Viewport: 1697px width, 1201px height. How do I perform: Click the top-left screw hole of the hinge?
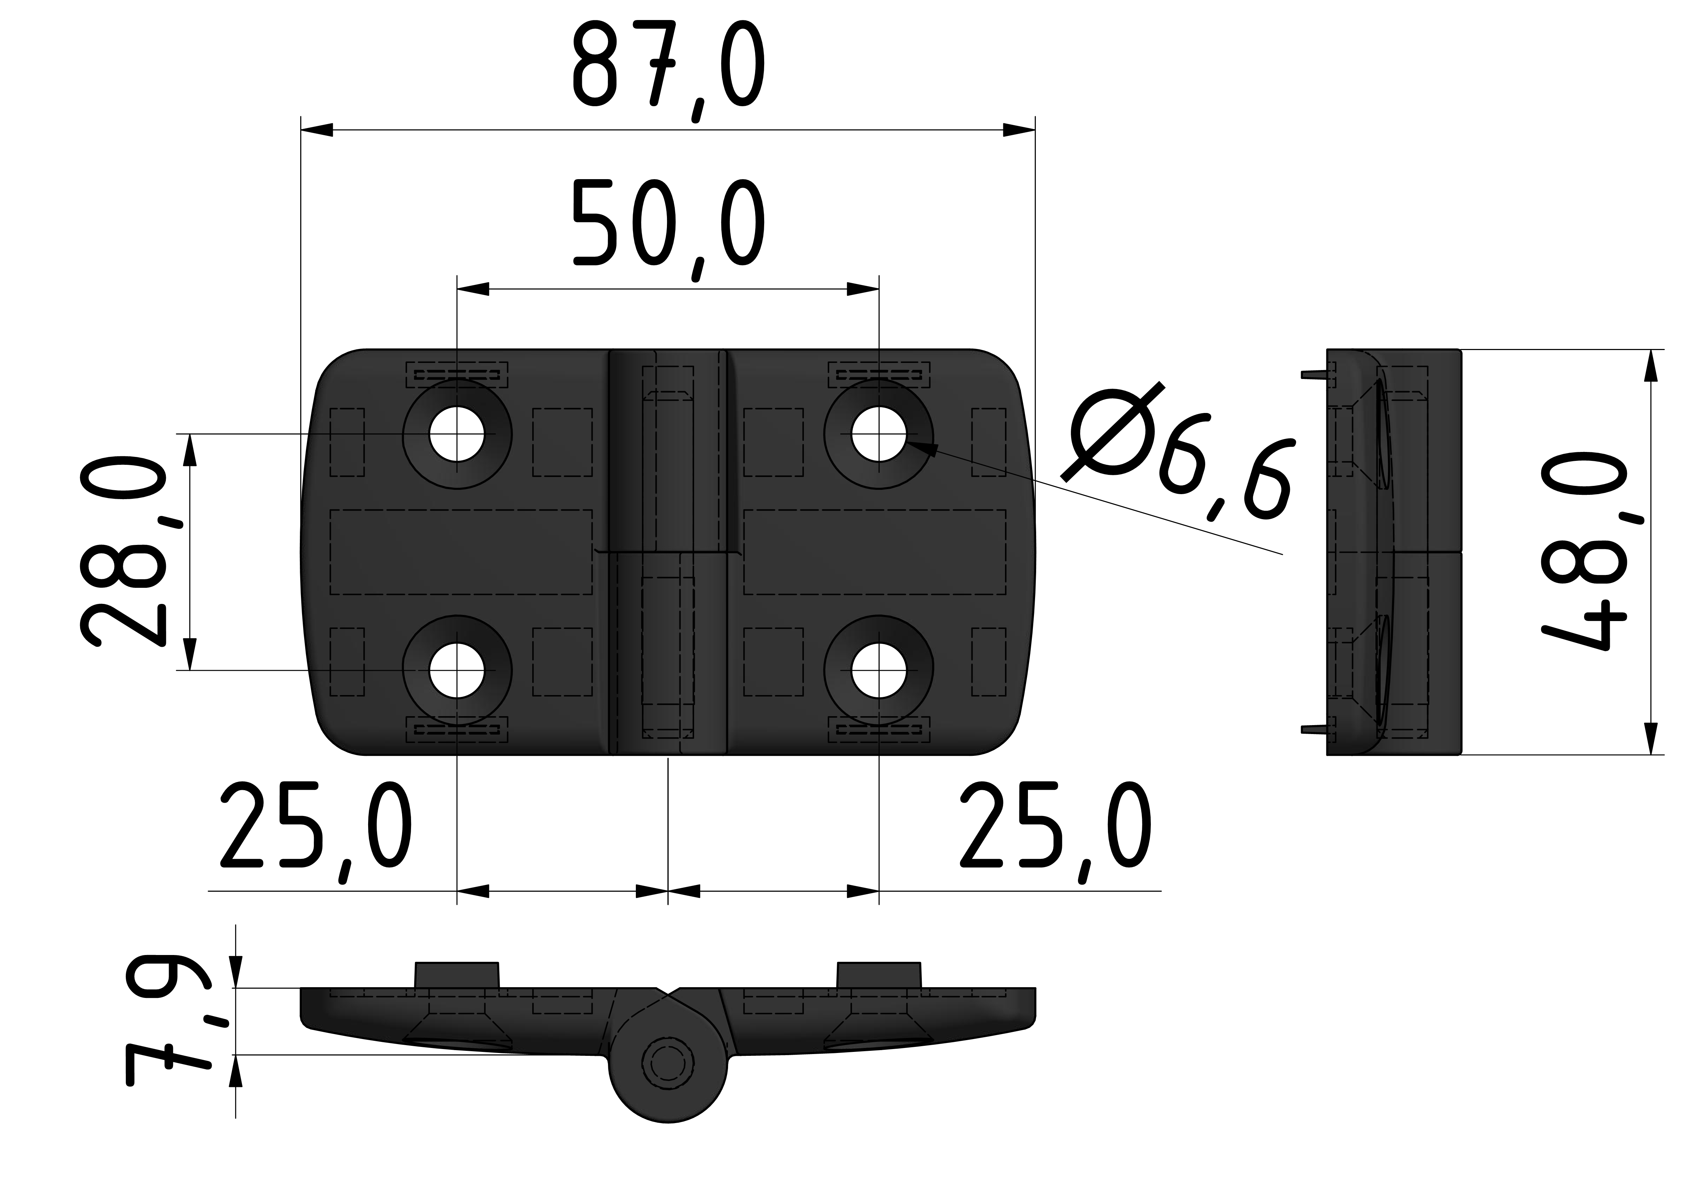[x=457, y=434]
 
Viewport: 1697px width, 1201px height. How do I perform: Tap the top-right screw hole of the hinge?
[x=879, y=434]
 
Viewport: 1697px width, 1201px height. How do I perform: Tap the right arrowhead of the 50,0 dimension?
[x=863, y=289]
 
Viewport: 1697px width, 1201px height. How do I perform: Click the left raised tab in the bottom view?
[x=457, y=975]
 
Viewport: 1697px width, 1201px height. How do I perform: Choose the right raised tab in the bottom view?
[x=879, y=975]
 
